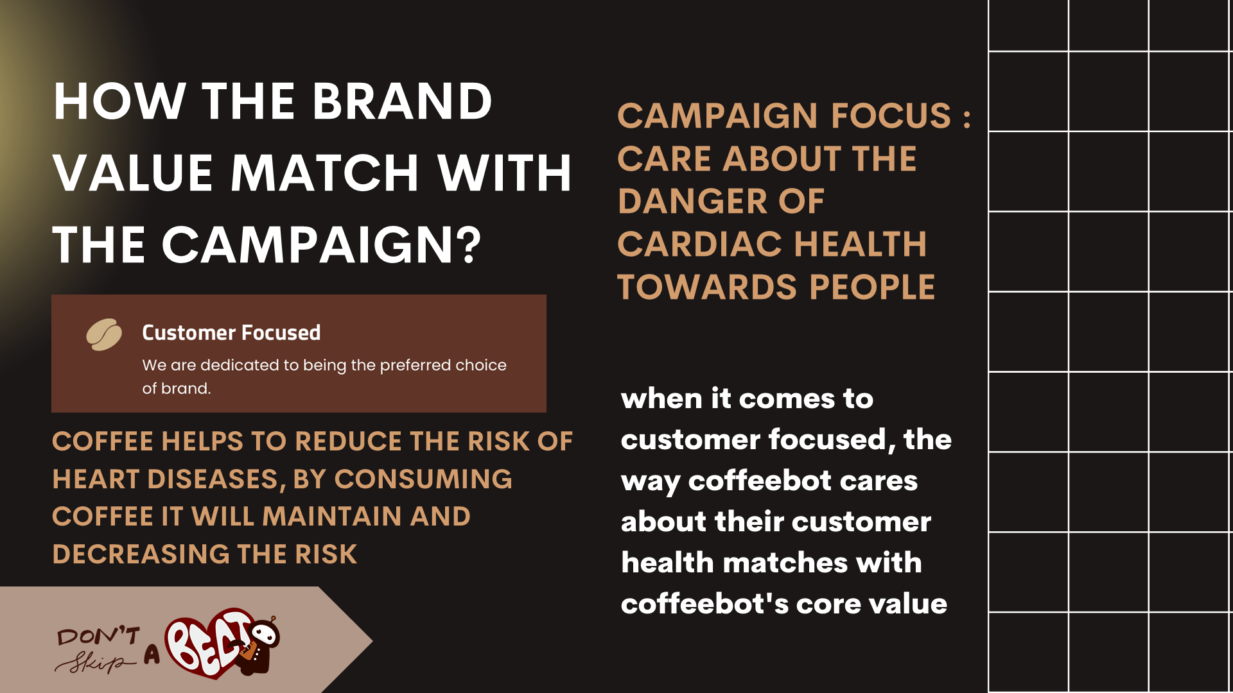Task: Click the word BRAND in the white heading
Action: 403,101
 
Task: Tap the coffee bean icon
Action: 104,334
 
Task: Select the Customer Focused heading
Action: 231,332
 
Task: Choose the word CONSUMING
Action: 423,479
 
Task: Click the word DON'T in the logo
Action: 98,636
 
